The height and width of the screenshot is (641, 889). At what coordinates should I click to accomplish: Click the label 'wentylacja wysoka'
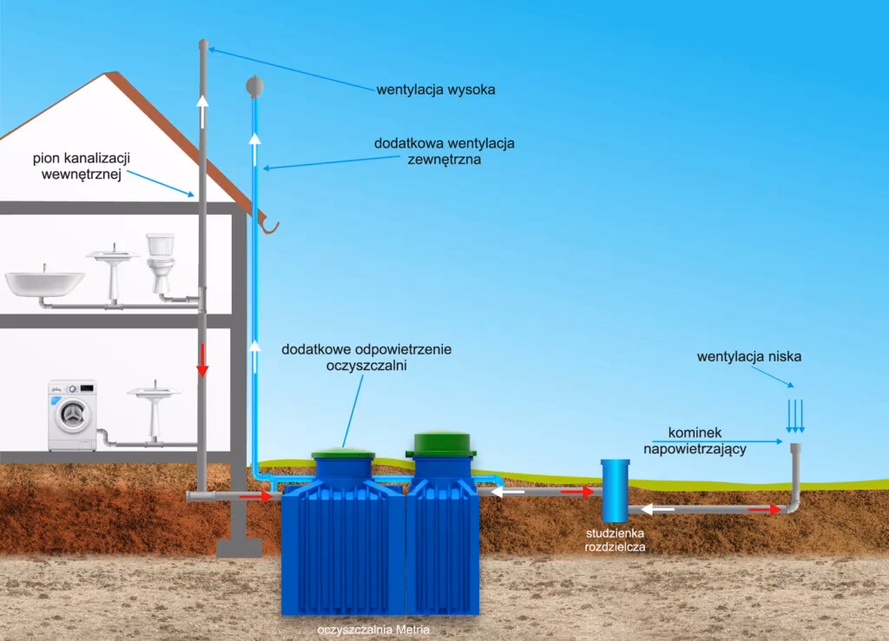point(436,89)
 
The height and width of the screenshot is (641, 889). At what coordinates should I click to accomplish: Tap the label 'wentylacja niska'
point(749,357)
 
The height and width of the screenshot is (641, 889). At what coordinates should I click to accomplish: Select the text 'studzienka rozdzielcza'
point(616,540)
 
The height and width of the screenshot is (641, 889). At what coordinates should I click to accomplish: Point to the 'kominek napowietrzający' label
point(695,440)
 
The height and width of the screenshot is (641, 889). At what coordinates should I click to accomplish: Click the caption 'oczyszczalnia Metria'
point(373,630)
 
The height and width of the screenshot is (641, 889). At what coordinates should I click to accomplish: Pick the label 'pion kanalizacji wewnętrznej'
point(82,166)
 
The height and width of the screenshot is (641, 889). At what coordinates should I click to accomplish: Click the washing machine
point(72,416)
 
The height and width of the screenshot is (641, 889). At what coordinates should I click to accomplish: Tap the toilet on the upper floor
point(161,262)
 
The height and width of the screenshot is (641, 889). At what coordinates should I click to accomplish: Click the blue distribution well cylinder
point(616,491)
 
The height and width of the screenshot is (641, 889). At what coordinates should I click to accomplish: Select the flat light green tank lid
point(343,453)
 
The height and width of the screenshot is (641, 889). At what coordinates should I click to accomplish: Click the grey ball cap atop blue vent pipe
point(255,86)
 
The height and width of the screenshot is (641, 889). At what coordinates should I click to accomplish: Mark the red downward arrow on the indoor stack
point(202,360)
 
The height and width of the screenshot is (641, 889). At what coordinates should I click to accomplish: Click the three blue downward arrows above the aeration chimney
point(795,416)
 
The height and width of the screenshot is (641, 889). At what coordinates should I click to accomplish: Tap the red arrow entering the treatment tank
point(256,496)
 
